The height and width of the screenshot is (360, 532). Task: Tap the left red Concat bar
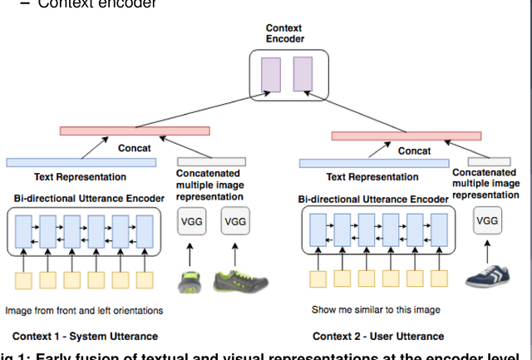(134, 131)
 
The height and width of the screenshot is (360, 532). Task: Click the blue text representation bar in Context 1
(81, 162)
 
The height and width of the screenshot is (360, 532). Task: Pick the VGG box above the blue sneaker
(487, 221)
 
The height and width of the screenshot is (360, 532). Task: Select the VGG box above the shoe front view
(190, 221)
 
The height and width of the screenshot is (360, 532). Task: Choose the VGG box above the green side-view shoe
(236, 221)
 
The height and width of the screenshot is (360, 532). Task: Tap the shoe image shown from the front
(190, 280)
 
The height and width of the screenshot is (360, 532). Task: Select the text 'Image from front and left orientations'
(84, 310)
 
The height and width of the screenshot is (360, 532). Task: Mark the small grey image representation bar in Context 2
(477, 162)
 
